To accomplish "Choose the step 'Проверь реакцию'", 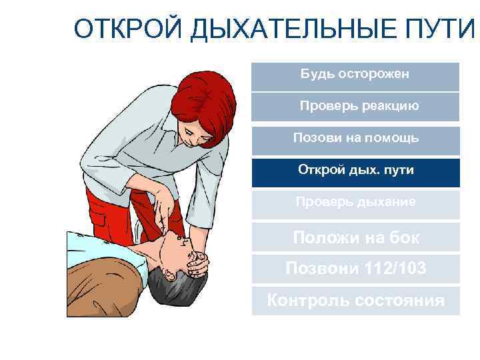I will point(355,106).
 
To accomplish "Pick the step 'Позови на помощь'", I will point(355,139).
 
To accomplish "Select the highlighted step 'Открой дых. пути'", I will point(355,171).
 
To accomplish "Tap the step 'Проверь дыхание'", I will point(355,203).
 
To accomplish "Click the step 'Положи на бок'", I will point(355,237).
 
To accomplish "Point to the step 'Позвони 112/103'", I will point(355,269).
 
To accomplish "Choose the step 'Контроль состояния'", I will point(355,301).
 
